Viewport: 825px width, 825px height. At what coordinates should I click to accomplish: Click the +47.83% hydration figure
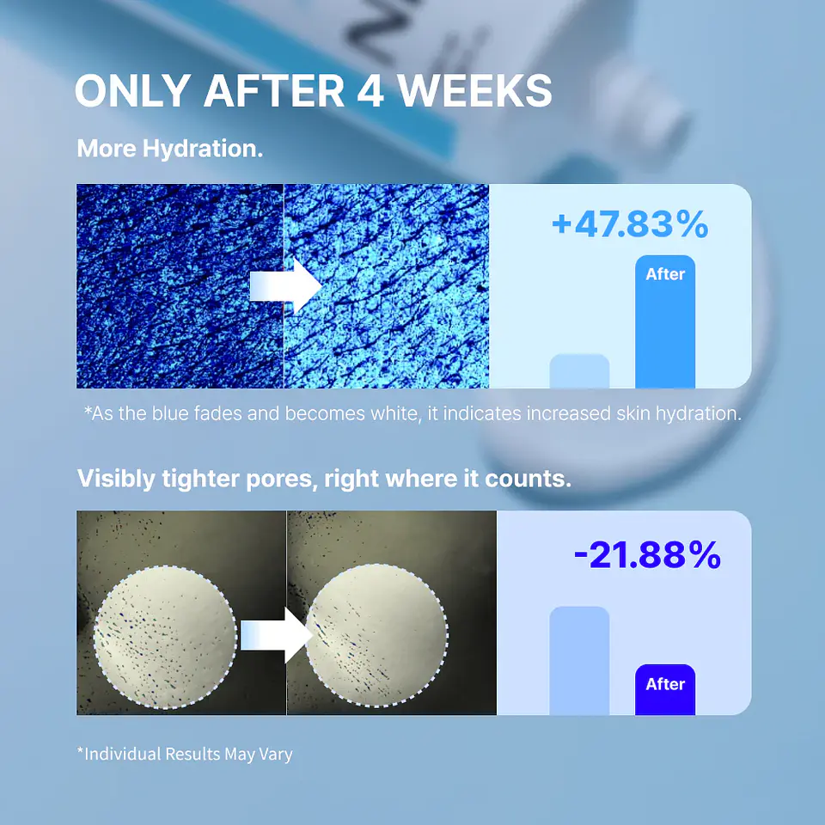point(630,224)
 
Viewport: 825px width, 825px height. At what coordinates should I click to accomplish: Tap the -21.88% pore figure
point(647,555)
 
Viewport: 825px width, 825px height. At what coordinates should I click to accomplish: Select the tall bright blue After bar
point(665,321)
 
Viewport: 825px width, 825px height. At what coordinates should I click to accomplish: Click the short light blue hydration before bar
point(579,371)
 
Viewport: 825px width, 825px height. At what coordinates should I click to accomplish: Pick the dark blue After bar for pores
point(665,689)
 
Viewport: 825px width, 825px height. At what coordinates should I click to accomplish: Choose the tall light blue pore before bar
point(579,660)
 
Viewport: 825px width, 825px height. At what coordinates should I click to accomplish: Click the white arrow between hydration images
point(285,286)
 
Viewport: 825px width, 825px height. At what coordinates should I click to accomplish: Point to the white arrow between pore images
point(277,635)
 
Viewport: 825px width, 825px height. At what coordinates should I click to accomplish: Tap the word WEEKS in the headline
point(474,90)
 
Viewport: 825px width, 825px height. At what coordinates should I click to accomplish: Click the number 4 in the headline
point(370,90)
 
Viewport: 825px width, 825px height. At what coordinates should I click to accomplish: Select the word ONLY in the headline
point(133,90)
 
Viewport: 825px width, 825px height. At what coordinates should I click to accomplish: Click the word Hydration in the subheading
point(203,149)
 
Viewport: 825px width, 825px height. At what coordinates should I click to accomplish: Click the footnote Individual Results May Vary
point(185,754)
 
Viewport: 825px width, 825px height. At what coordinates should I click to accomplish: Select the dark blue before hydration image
point(180,286)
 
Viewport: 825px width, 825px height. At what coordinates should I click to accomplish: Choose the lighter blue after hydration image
point(387,286)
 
